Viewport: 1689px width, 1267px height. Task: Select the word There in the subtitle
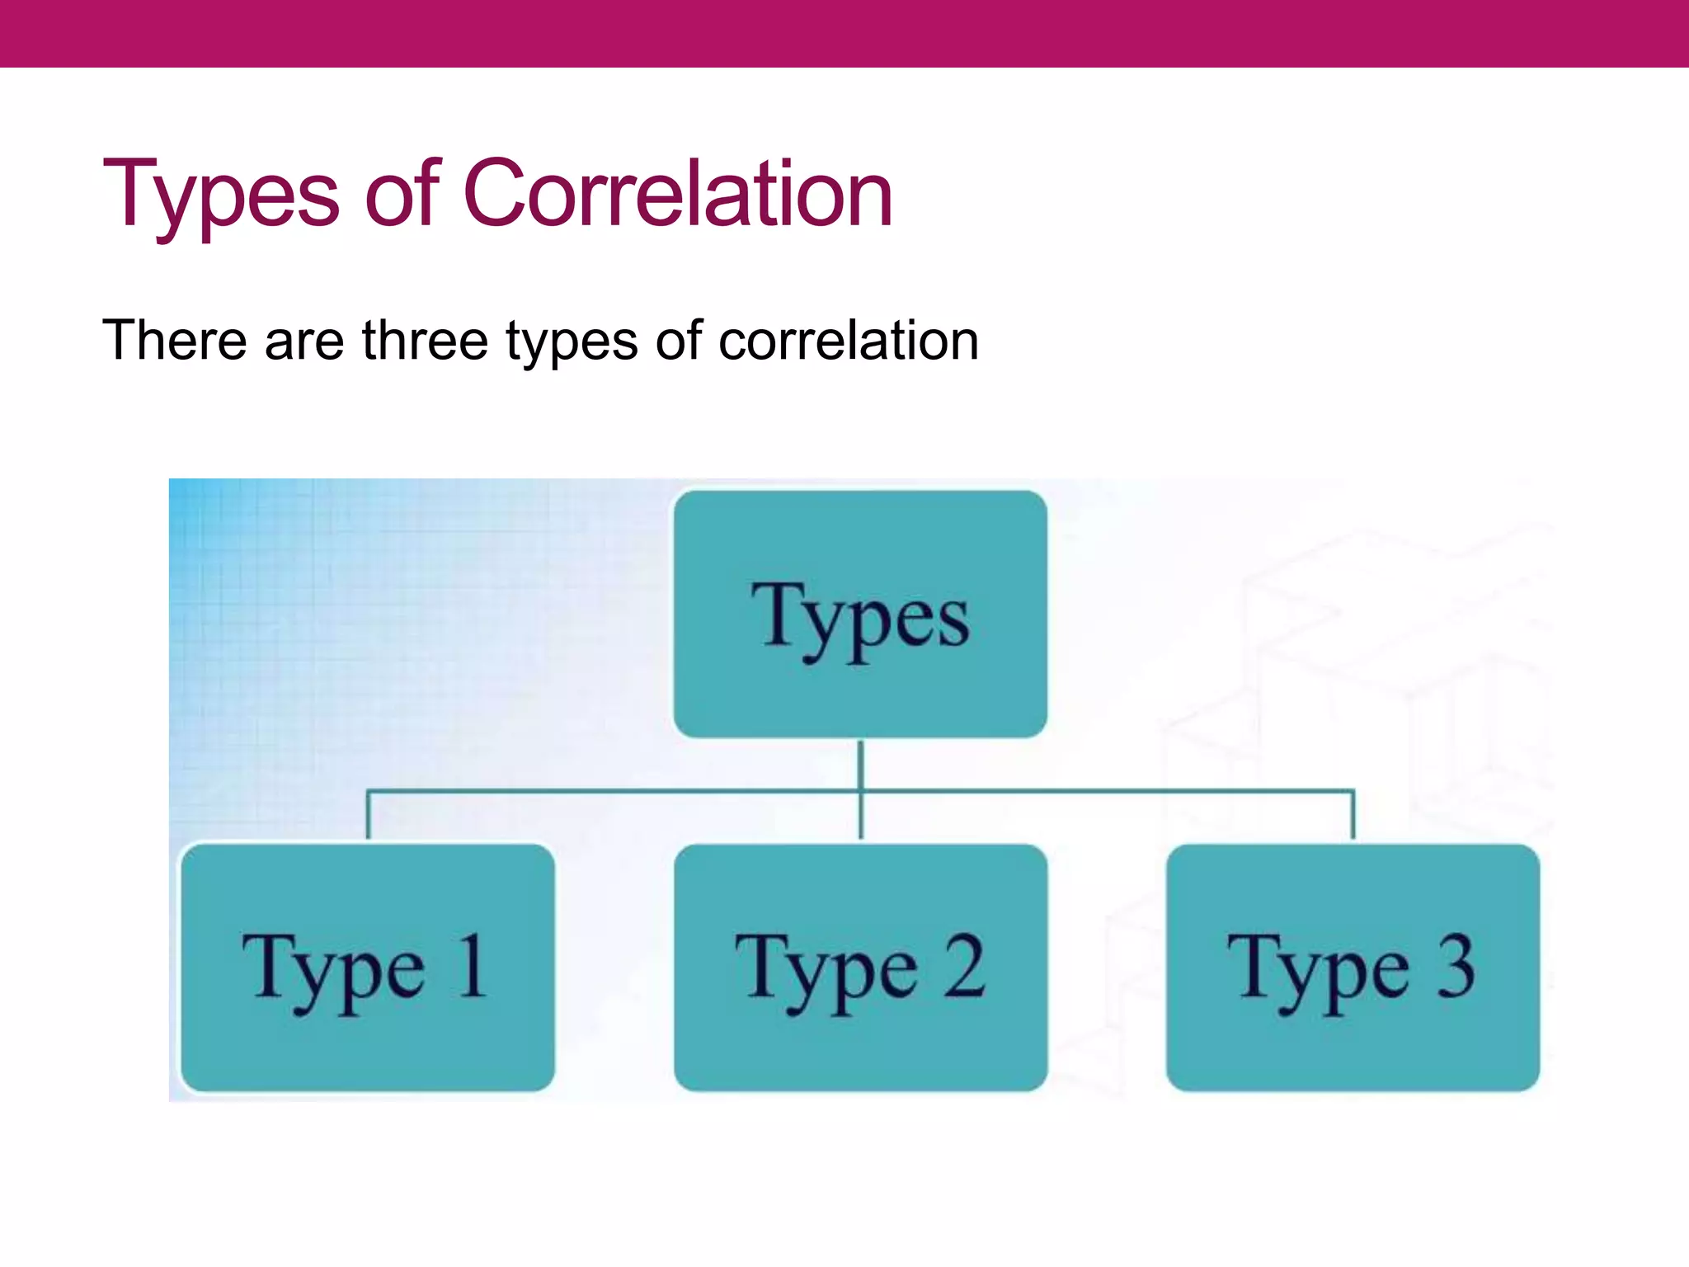[x=174, y=340]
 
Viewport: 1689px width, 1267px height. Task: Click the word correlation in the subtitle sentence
[x=849, y=340]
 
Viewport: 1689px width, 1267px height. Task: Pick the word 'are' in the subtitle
[x=303, y=341]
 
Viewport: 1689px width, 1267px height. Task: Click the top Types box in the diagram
[x=860, y=615]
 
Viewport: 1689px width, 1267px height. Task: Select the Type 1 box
[x=367, y=968]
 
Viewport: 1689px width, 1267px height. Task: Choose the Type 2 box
[x=860, y=968]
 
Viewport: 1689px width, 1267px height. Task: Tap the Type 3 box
[x=1353, y=968]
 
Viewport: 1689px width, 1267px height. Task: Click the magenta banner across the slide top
[x=844, y=33]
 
